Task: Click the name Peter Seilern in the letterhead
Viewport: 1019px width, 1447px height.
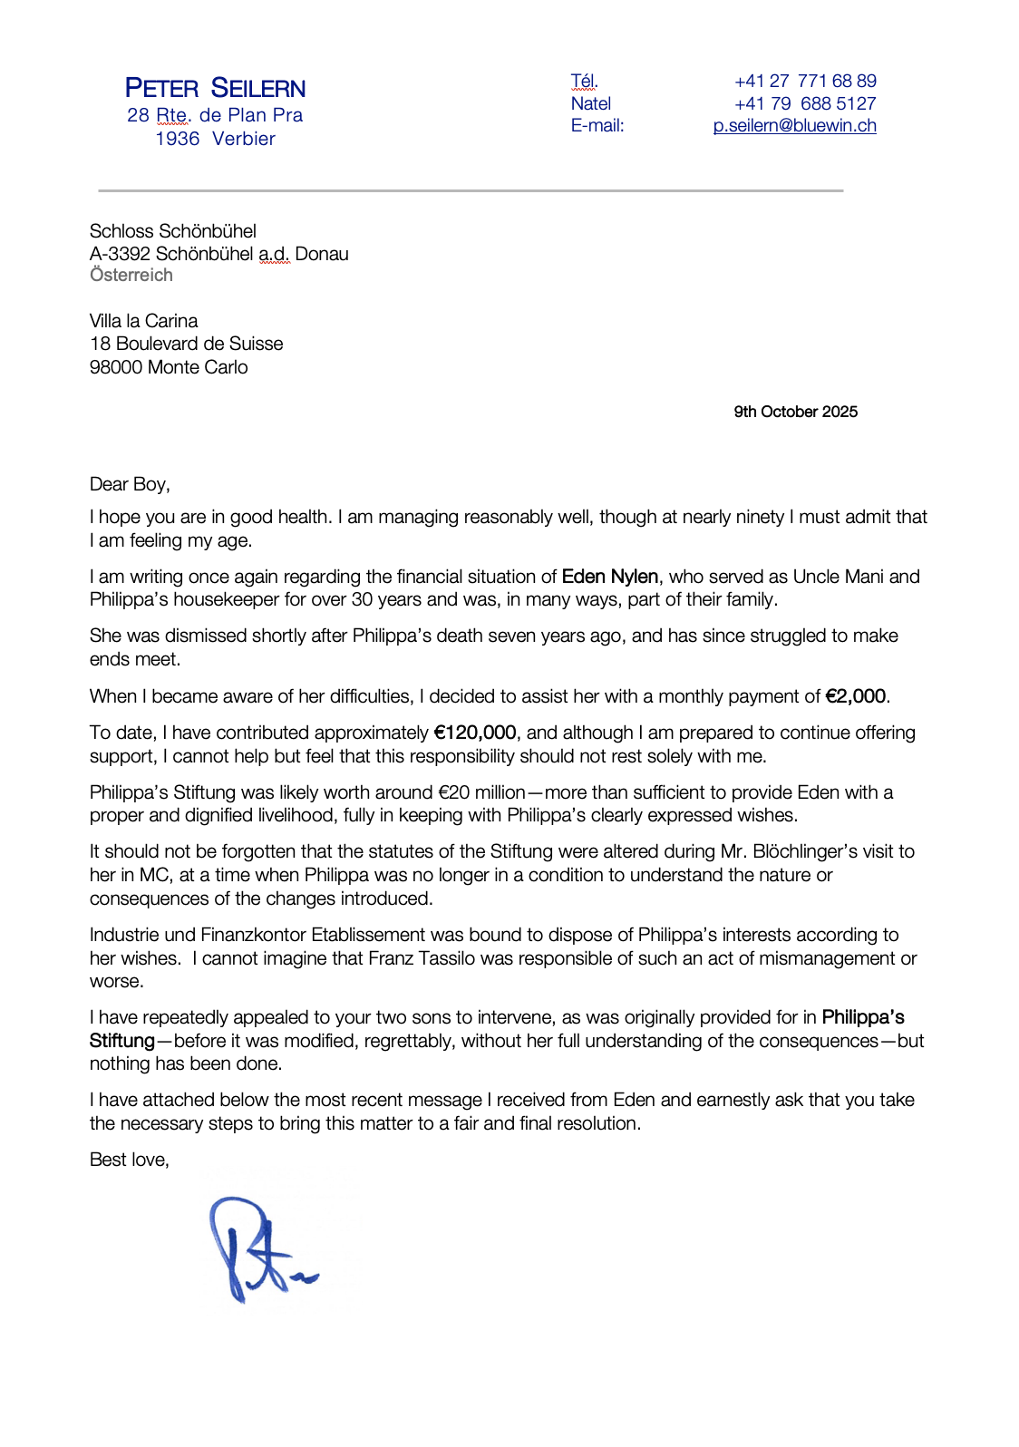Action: (215, 88)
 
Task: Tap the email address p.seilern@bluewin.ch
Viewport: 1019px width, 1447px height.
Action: (794, 126)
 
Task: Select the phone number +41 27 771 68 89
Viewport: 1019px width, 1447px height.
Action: (805, 81)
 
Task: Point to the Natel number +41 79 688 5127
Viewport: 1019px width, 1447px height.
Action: (805, 103)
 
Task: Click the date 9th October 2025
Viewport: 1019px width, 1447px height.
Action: (795, 412)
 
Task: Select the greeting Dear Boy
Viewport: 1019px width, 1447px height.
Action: (130, 484)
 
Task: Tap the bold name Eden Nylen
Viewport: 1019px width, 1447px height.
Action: (609, 577)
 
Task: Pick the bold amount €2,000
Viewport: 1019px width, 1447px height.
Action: (855, 696)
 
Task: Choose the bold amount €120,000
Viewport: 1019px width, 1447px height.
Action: (475, 733)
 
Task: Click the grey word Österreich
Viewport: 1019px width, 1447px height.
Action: (131, 276)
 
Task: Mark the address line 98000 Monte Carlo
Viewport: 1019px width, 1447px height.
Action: (169, 367)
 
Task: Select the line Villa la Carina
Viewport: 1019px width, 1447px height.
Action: (143, 321)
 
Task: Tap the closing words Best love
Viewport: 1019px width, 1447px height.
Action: (129, 1160)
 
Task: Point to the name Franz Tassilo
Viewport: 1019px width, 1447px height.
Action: (422, 958)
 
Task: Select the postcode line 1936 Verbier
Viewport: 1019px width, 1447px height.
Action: (215, 139)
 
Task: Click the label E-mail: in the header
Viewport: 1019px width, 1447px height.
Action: (597, 126)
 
